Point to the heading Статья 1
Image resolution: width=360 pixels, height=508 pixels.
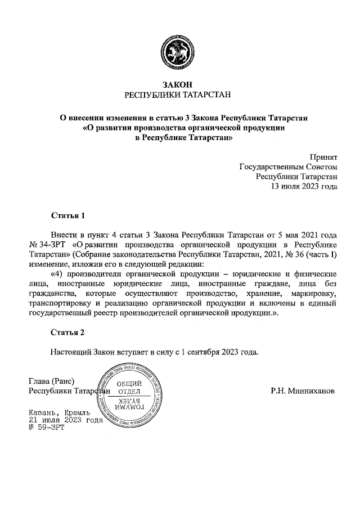pos(67,215)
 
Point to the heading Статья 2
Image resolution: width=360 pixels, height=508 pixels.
pos(67,332)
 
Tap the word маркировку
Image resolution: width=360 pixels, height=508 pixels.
pos(314,293)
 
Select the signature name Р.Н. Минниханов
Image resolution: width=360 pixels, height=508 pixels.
pos(302,390)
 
